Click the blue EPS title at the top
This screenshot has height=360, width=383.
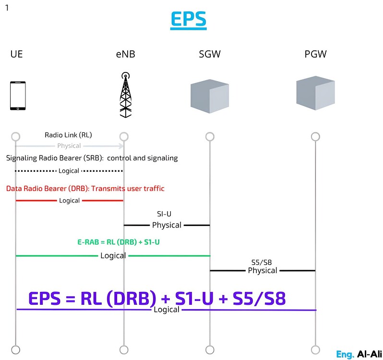pos(188,19)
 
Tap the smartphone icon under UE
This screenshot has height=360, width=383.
pos(18,96)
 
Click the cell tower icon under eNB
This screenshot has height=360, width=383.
pos(125,95)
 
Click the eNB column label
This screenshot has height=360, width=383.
pos(125,54)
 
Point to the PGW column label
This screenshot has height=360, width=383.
pos(315,54)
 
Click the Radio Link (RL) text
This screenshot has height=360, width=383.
pos(68,135)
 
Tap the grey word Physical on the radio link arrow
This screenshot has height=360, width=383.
pos(69,146)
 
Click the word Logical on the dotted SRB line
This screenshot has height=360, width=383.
pos(69,171)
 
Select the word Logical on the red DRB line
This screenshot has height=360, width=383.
pos(69,201)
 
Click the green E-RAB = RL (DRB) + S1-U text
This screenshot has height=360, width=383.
pos(119,242)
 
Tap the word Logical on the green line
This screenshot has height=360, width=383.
pos(113,256)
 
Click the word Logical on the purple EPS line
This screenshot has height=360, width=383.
pos(166,310)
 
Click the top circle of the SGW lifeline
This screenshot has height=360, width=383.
pos(209,137)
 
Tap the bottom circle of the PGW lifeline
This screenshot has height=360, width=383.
pos(315,349)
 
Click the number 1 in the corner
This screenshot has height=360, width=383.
pos(7,8)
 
